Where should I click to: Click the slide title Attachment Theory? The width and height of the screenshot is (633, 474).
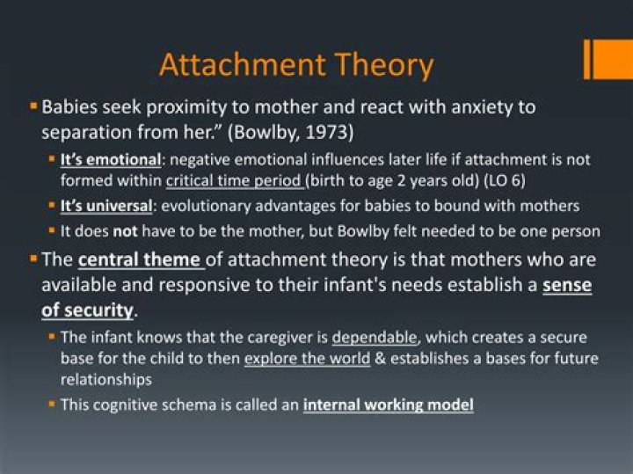coord(296,66)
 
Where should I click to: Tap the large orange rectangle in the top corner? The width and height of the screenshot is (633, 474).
coord(614,59)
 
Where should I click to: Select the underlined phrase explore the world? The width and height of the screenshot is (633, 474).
coord(307,358)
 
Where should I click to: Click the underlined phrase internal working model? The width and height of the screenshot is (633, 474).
coord(388,405)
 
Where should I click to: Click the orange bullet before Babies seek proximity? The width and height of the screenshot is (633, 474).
coord(33,106)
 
